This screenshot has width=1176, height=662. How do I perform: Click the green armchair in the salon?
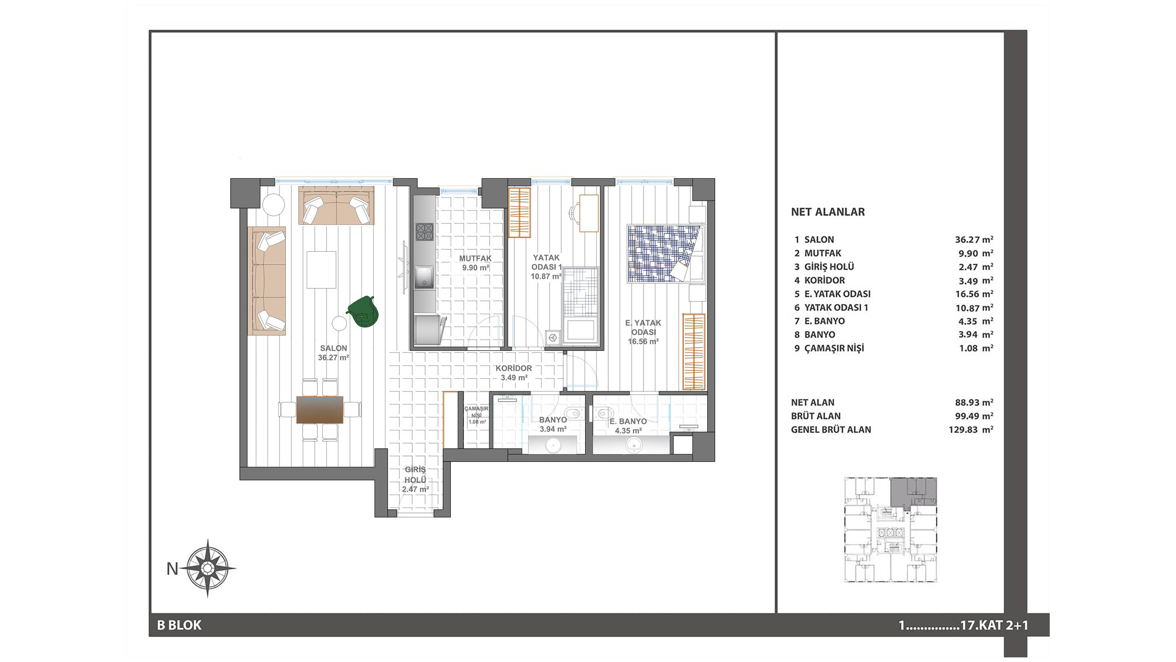pyautogui.click(x=363, y=312)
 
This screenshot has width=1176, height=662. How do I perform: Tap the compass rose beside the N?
pyautogui.click(x=207, y=568)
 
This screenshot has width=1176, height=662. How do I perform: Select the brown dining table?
pyautogui.click(x=320, y=409)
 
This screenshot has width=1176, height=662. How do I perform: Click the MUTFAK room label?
pyautogui.click(x=475, y=259)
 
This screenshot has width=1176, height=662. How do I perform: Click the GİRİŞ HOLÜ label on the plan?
pyautogui.click(x=415, y=475)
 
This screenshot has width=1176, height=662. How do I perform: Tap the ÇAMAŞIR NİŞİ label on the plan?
pyautogui.click(x=476, y=412)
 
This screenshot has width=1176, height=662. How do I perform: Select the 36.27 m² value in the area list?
pyautogui.click(x=974, y=239)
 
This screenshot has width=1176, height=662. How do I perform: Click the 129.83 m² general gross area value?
pyautogui.click(x=970, y=430)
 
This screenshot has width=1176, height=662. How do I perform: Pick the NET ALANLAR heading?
pyautogui.click(x=828, y=212)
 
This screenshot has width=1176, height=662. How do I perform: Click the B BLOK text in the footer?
pyautogui.click(x=179, y=625)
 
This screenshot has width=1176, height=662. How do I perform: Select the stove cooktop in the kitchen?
pyautogui.click(x=424, y=232)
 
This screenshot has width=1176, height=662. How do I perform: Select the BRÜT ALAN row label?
pyautogui.click(x=815, y=416)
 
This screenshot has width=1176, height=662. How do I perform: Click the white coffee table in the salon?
pyautogui.click(x=321, y=270)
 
